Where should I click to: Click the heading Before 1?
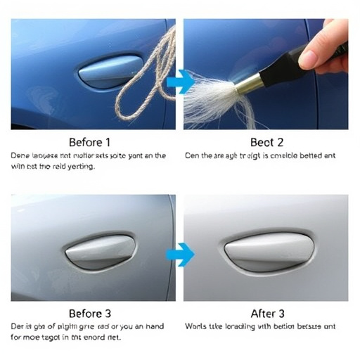90,141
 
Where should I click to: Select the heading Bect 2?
266,141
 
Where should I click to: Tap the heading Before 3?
90,313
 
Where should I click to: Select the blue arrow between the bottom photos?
181,255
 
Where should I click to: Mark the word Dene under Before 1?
22,156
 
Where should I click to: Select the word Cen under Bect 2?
193,156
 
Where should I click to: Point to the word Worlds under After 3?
198,327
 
